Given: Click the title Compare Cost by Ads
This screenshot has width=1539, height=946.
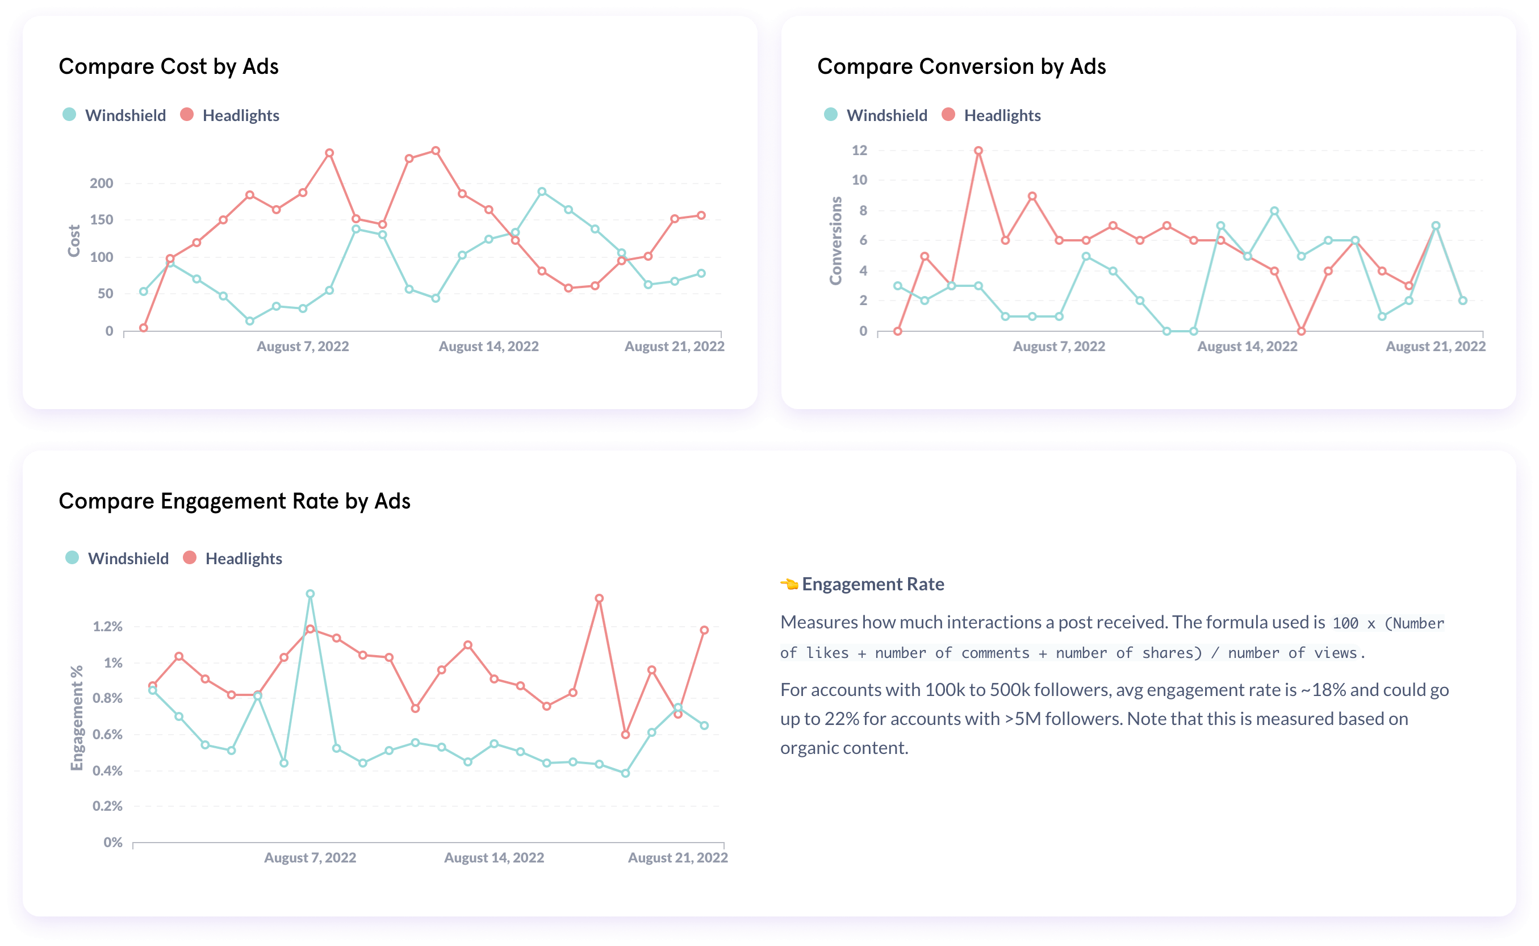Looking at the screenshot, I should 168,66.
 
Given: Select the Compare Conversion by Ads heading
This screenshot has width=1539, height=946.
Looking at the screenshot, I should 961,66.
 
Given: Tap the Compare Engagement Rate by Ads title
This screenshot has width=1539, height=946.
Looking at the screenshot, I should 235,501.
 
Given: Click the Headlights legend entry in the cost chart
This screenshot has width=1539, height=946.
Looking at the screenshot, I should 240,115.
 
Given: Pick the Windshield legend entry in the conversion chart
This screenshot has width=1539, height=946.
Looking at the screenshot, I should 886,115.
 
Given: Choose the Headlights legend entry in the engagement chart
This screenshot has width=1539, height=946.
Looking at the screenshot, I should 243,558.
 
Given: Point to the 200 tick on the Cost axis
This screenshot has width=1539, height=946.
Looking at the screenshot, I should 101,184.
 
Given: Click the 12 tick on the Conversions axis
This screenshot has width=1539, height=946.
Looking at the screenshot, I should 859,150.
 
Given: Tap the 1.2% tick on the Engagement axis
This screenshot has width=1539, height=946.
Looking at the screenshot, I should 107,626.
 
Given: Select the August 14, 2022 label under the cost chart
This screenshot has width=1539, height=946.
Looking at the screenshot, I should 488,346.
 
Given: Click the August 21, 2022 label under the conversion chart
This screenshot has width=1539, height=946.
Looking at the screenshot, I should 1435,346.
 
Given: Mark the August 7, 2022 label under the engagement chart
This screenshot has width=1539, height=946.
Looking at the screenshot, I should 310,857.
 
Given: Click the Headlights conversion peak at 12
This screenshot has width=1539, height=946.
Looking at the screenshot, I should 978,151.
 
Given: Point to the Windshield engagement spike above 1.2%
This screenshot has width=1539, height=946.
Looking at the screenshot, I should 310,594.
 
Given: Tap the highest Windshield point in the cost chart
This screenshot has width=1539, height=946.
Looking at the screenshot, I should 542,192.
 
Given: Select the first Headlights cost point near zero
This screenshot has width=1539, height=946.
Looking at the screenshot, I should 144,328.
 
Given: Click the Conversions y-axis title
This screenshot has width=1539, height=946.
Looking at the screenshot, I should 835,240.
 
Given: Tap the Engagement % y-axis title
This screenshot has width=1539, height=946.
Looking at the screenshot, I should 76,718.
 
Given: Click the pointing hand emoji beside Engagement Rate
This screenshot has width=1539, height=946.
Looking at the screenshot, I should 789,585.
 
